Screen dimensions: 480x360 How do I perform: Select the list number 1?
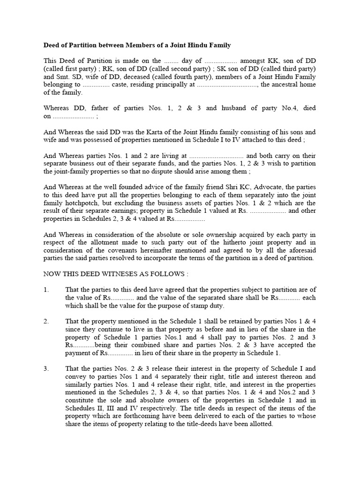[x=46, y=290]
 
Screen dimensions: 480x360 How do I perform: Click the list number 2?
[x=46, y=321]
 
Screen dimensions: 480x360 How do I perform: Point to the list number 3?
[x=46, y=368]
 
